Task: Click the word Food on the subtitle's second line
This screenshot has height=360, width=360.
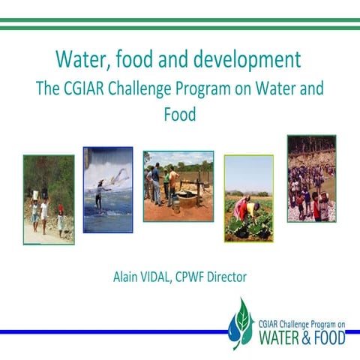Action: [179, 115]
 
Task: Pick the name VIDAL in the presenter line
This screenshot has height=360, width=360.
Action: [163, 277]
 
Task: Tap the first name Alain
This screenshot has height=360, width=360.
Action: [127, 277]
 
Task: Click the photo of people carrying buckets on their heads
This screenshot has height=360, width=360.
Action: [49, 199]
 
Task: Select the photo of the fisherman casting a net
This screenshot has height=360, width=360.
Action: [108, 190]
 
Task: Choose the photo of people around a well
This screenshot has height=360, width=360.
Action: [178, 186]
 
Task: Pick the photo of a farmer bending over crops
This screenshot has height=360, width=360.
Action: [248, 198]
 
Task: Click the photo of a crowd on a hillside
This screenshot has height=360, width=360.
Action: [311, 178]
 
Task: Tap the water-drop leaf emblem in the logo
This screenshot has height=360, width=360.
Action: [241, 322]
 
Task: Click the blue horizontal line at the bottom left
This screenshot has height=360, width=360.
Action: [112, 331]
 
